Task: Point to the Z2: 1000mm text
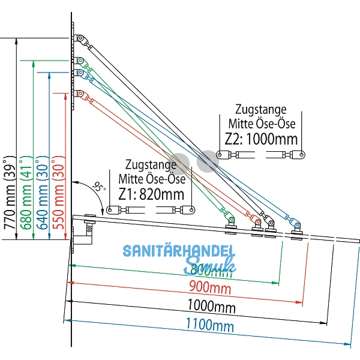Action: coord(261,139)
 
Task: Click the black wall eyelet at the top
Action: coord(78,39)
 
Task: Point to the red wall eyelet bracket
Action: coord(79,94)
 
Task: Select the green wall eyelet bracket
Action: coord(79,61)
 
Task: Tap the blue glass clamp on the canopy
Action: coord(296,227)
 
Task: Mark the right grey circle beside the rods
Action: coord(207,160)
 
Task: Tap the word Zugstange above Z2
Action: coord(260,110)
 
